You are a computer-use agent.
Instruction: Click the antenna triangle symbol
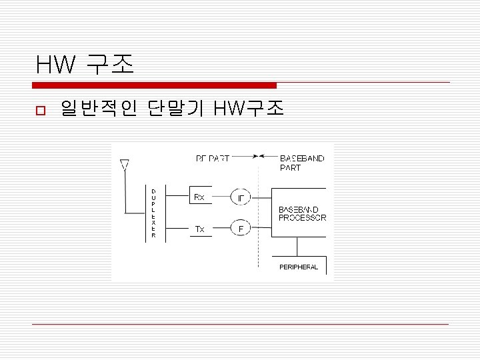(x=123, y=163)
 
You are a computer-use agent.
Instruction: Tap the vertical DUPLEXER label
(x=153, y=213)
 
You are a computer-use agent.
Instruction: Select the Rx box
(x=200, y=197)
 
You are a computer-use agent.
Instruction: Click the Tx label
(x=199, y=229)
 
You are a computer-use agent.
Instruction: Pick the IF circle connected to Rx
(x=241, y=197)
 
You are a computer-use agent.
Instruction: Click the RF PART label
(x=213, y=159)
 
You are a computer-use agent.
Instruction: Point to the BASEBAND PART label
(x=302, y=163)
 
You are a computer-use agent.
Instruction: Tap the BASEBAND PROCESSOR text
(x=302, y=213)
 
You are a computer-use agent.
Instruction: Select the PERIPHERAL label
(x=298, y=267)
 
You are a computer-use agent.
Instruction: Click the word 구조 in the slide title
(x=111, y=65)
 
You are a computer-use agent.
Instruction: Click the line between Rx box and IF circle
(x=221, y=197)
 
